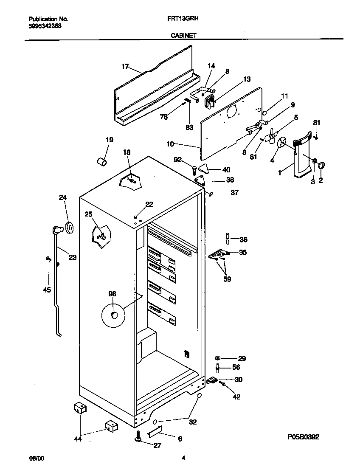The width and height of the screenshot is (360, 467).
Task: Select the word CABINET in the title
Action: pyautogui.click(x=183, y=36)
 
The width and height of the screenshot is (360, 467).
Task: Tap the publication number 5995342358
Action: pyautogui.click(x=45, y=25)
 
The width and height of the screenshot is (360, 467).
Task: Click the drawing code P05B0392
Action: pyautogui.click(x=303, y=436)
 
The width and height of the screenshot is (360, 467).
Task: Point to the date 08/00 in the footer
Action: pyautogui.click(x=36, y=458)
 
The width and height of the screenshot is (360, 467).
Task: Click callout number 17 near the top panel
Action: pyautogui.click(x=125, y=66)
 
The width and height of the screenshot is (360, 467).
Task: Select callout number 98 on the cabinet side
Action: pyautogui.click(x=112, y=293)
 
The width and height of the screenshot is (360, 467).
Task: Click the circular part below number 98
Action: pyautogui.click(x=113, y=315)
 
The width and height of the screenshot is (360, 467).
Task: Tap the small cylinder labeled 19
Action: pyautogui.click(x=102, y=162)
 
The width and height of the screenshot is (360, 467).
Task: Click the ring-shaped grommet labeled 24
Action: pyautogui.click(x=69, y=227)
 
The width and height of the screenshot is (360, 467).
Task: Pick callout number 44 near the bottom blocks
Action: pyautogui.click(x=78, y=439)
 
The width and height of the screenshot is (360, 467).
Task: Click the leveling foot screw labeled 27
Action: pyautogui.click(x=138, y=439)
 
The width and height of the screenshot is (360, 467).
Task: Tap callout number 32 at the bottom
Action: pyautogui.click(x=192, y=422)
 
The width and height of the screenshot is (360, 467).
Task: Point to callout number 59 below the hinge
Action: pyautogui.click(x=227, y=279)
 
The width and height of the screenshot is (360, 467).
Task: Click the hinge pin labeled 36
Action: pyautogui.click(x=228, y=239)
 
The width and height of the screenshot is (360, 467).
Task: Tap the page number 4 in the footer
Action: pyautogui.click(x=183, y=458)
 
